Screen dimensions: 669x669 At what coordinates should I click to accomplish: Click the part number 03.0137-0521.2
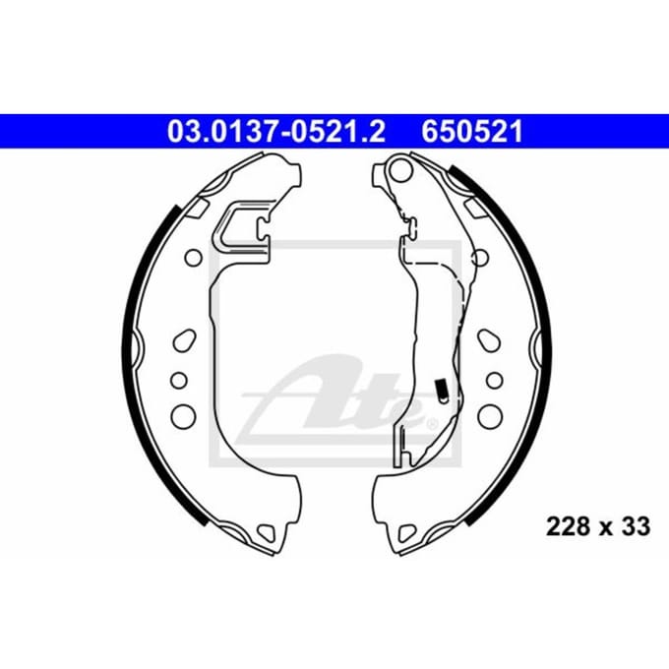click(276, 132)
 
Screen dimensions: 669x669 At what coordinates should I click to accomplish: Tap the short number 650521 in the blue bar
click(472, 132)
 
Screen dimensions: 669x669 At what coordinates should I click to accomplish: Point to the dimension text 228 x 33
click(598, 526)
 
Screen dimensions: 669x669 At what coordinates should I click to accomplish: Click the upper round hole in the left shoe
click(193, 258)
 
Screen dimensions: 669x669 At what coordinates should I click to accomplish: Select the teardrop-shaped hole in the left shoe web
click(184, 340)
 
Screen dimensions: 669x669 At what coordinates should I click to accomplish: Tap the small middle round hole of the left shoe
click(179, 380)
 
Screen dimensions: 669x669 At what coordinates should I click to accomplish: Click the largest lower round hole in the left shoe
click(183, 415)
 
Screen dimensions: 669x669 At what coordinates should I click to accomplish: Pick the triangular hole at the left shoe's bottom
click(267, 532)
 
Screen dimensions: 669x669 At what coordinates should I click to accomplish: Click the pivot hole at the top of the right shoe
click(402, 168)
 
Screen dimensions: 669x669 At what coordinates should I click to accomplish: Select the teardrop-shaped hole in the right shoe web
click(489, 340)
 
